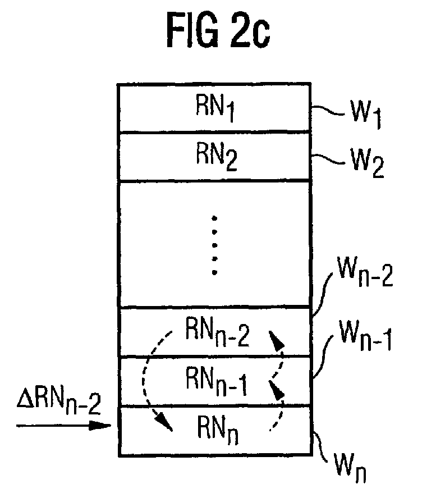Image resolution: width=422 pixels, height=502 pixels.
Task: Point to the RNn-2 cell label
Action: click(x=214, y=332)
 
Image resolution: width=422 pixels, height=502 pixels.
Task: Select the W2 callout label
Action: click(x=359, y=166)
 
